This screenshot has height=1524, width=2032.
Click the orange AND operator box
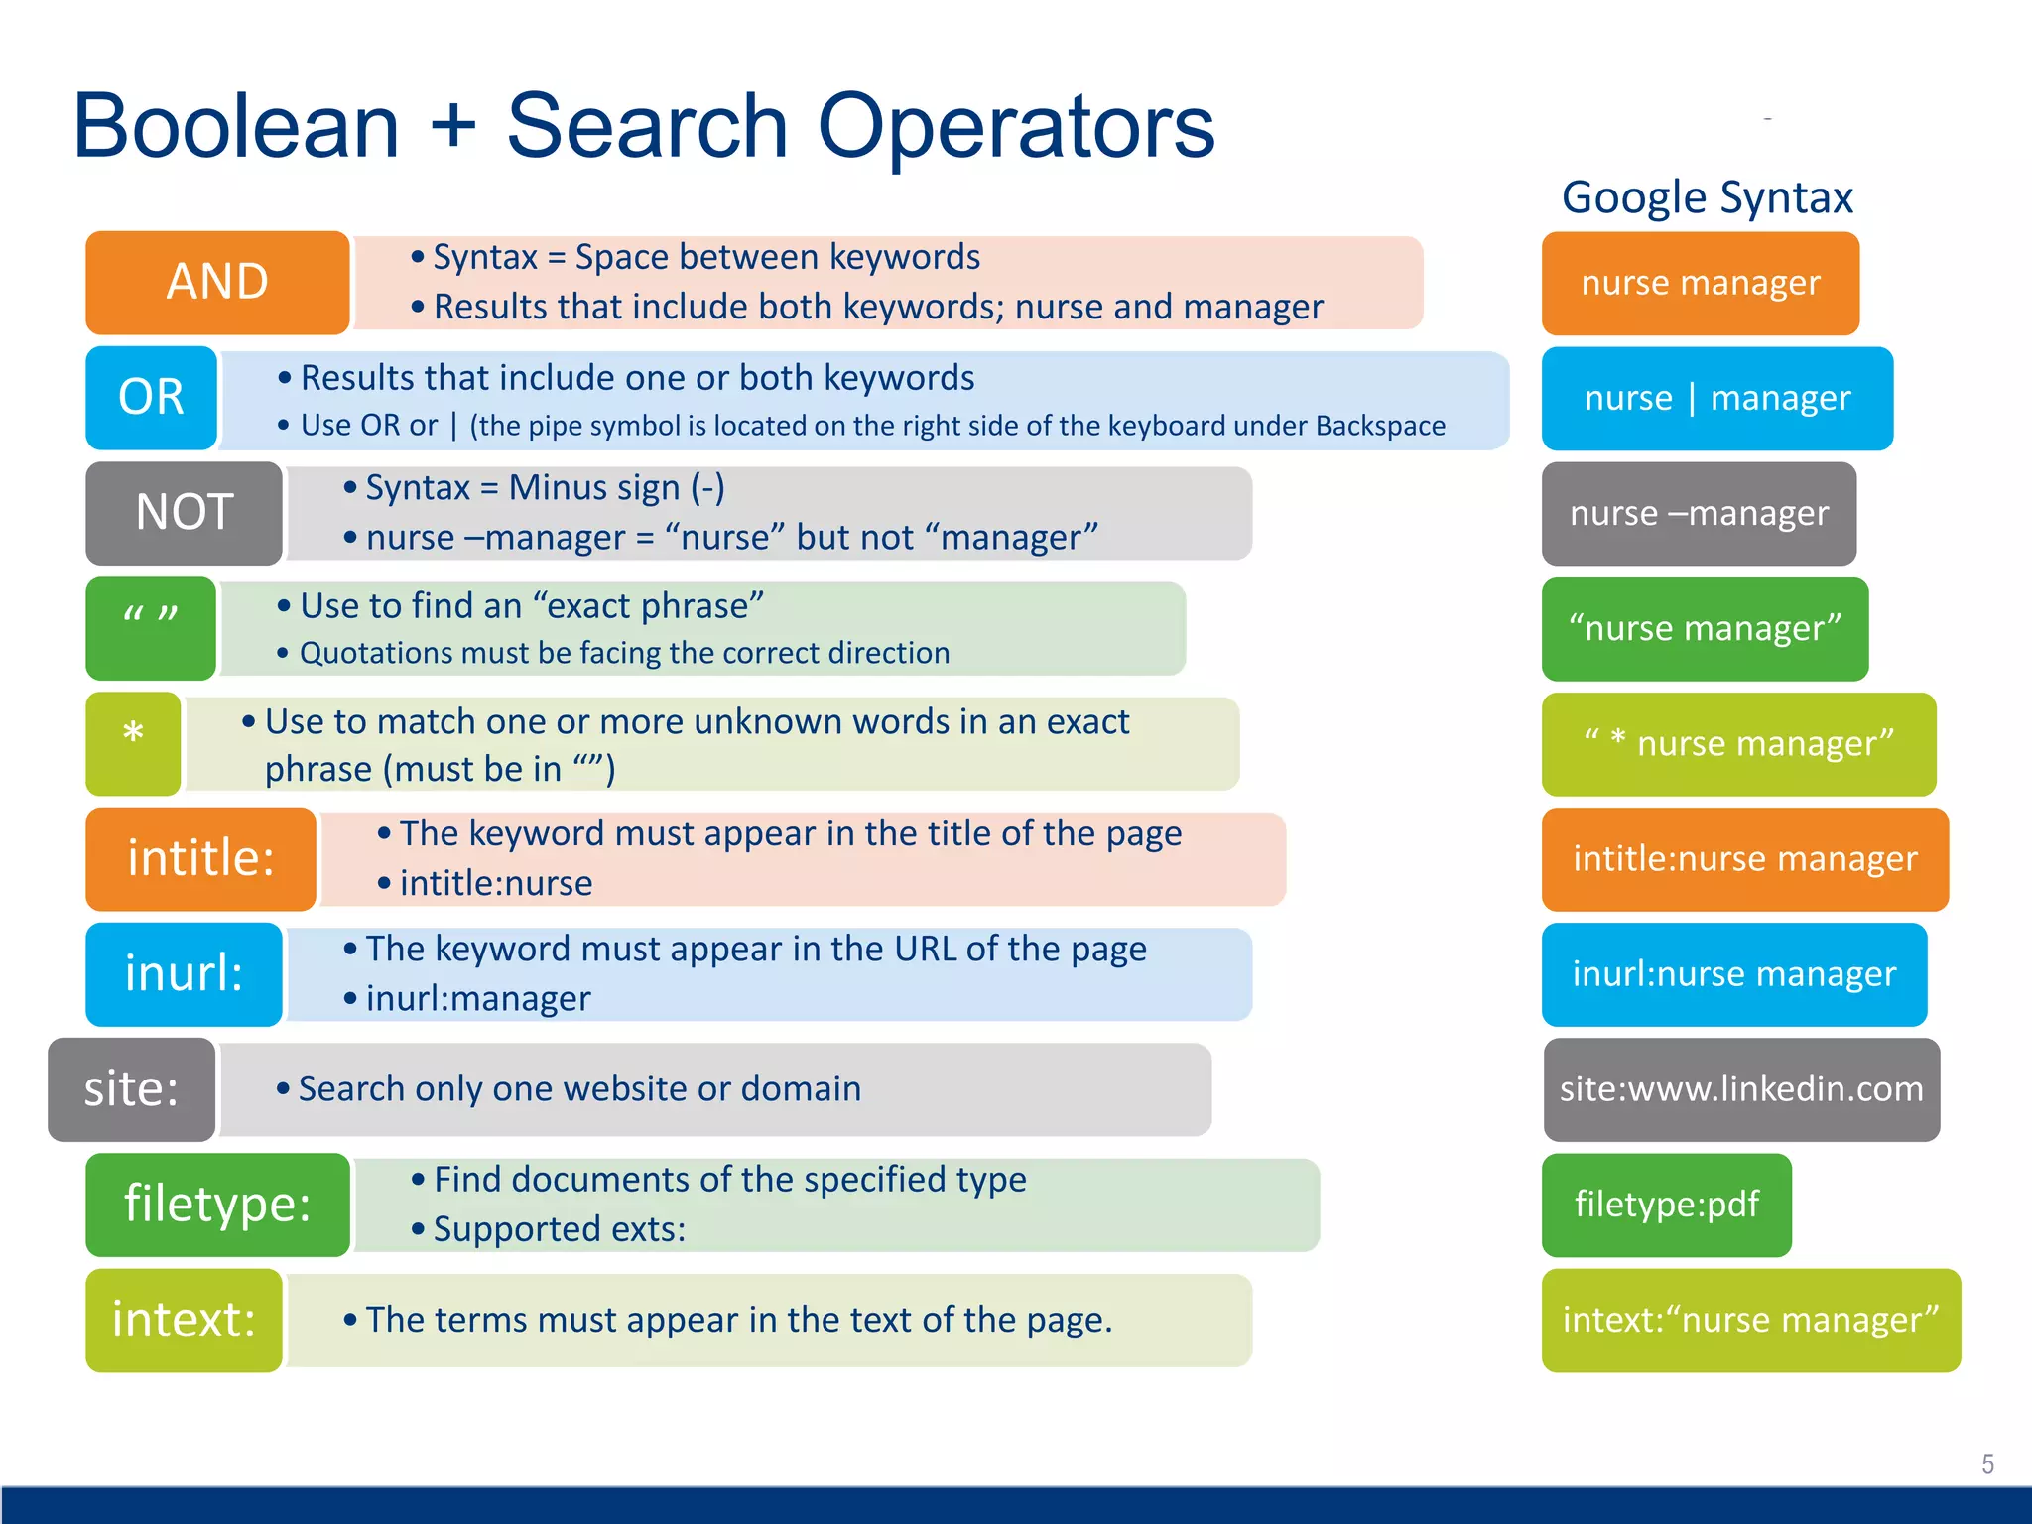tap(217, 283)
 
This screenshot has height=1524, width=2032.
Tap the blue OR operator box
tap(151, 398)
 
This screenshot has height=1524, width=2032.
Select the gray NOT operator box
tap(185, 513)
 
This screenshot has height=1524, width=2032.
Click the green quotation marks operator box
tap(151, 628)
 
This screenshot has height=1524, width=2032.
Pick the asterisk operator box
tap(133, 744)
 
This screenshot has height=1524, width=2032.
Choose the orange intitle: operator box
tap(200, 859)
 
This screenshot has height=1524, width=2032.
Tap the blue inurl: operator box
tap(185, 974)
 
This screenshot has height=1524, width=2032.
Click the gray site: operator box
tap(131, 1089)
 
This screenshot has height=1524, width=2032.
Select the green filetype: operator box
tap(217, 1205)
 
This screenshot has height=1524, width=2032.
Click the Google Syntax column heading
tap(1707, 197)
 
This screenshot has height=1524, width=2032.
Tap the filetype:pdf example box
tap(1666, 1205)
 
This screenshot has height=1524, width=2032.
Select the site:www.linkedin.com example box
tap(1741, 1089)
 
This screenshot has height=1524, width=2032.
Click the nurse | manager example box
tap(1716, 398)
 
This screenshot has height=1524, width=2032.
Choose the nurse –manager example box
tap(1699, 513)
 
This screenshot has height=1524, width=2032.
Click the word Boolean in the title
tap(236, 126)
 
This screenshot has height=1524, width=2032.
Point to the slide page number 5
tap(1987, 1463)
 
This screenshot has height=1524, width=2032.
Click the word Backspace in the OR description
tap(1380, 426)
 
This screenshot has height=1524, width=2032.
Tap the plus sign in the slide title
tap(453, 126)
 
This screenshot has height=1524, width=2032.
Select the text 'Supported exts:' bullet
tap(560, 1229)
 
